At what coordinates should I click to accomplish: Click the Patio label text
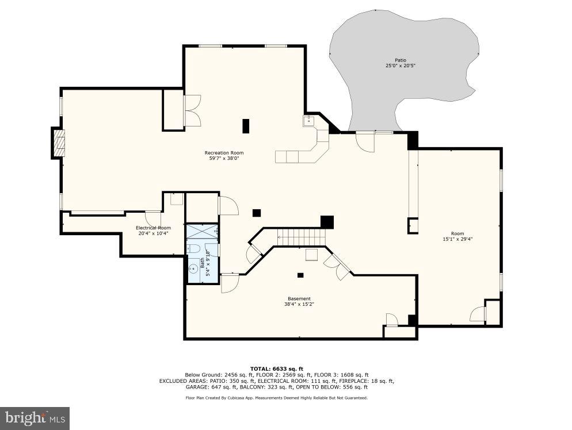(x=400, y=60)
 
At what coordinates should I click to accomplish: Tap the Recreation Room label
(x=224, y=153)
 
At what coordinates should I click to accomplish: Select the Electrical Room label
(x=153, y=228)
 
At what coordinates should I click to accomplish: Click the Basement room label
(x=299, y=298)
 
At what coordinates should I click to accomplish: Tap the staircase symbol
(x=300, y=236)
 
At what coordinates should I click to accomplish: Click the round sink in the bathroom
(x=194, y=268)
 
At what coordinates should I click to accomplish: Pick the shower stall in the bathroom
(x=201, y=231)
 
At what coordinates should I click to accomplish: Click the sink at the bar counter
(x=308, y=121)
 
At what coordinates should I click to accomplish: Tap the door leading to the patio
(x=365, y=141)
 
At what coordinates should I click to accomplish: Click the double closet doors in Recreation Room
(x=192, y=110)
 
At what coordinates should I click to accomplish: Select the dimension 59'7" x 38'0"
(x=224, y=159)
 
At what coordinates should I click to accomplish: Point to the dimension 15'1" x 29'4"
(x=457, y=239)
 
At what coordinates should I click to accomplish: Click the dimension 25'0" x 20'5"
(x=400, y=66)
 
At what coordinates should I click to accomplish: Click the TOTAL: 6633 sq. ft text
(x=276, y=368)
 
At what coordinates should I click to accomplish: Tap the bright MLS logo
(x=35, y=418)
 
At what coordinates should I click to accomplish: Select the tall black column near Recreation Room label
(x=246, y=126)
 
